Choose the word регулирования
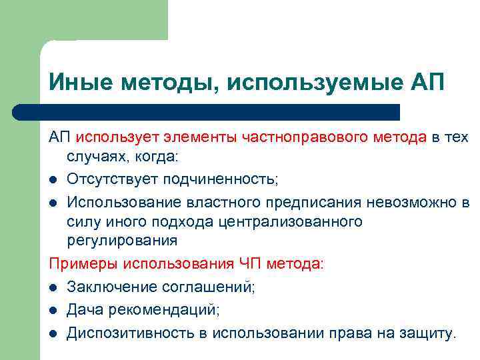coord(122,241)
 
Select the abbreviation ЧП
coord(251,264)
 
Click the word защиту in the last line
coord(427,333)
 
